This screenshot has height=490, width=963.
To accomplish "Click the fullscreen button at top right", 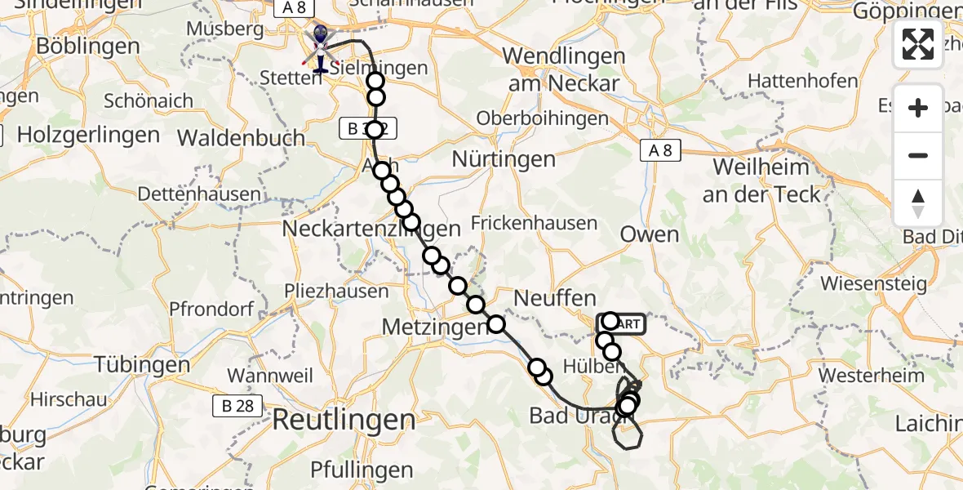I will tap(918, 44).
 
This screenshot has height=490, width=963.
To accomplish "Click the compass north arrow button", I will tap(918, 203).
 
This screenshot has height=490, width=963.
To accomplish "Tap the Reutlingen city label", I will tap(344, 421).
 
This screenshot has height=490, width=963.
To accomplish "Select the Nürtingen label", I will tap(504, 159).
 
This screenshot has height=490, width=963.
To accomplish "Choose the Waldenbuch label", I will tap(241, 137).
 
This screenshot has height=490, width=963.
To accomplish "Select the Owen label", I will tap(650, 235).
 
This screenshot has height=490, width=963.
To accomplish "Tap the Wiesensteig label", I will tap(874, 284).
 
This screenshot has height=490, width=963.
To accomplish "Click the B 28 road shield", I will tap(233, 406).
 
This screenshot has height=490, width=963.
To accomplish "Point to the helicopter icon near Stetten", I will tap(319, 47).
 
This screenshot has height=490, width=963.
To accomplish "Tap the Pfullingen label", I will tap(362, 470).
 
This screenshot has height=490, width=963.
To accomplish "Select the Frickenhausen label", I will tap(534, 222).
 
